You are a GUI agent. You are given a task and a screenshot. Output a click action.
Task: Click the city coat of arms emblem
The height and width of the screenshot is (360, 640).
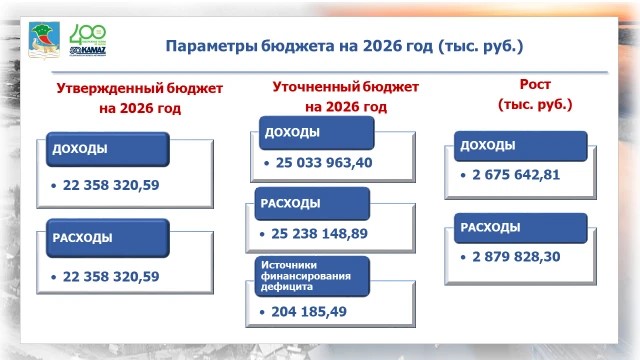point(44,40)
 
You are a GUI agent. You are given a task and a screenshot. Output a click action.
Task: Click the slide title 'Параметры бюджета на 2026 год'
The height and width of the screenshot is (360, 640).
point(299,46)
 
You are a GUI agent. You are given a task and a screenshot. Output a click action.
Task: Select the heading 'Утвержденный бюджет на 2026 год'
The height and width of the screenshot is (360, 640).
point(140,98)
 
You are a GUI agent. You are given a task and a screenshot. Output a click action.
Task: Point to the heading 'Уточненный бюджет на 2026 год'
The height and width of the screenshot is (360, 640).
point(346,97)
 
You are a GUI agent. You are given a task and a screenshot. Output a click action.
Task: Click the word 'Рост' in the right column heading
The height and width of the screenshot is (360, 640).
point(535,84)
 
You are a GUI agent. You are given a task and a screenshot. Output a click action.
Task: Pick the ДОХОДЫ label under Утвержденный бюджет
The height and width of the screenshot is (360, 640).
point(80,149)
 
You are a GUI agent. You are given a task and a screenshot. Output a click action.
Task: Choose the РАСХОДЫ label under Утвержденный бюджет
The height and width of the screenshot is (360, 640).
point(82,238)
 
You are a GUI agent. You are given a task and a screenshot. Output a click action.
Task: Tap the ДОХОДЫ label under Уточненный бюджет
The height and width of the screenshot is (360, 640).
point(292,132)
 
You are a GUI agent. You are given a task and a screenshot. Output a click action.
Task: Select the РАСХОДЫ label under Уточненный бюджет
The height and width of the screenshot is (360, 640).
point(291,203)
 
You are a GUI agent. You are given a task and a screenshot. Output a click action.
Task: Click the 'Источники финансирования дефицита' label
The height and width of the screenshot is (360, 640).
point(306,276)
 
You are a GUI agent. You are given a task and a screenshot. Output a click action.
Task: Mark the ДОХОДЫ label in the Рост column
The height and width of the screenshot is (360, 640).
point(488,145)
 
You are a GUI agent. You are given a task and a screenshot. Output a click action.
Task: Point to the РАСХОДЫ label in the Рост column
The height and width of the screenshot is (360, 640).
point(491,227)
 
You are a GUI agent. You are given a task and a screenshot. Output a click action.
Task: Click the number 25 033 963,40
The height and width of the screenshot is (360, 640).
point(324,163)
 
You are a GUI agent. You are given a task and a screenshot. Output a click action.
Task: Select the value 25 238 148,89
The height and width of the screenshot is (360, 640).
point(320,233)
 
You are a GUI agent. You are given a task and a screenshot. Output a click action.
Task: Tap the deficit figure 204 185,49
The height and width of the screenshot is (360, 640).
point(309,312)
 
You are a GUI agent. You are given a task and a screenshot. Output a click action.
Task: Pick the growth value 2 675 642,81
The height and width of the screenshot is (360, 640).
point(516,175)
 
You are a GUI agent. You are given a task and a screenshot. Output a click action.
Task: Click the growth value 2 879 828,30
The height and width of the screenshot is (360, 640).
point(516,257)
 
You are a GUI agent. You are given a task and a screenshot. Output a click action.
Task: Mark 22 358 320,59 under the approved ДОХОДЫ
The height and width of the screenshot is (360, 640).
point(111,185)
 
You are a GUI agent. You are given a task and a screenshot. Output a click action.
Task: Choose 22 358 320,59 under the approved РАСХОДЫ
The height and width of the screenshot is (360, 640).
point(111,277)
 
